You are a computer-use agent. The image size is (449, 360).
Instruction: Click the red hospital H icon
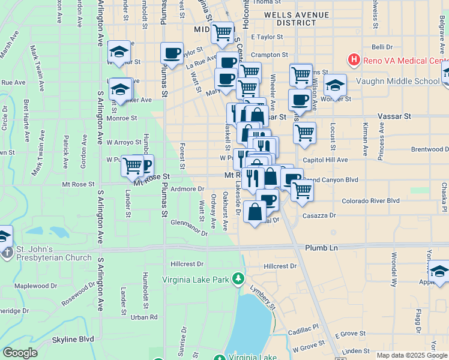pos(354,60)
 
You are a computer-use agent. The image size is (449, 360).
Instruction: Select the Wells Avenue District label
pos(296,18)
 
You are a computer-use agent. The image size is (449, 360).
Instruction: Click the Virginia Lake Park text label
pos(196,280)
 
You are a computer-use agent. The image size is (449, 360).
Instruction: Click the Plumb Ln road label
pos(321,247)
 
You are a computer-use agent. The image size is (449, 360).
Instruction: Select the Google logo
pos(20,353)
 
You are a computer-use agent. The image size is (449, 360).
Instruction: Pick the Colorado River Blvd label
pos(370,201)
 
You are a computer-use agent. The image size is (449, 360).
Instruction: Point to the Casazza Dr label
pos(318,215)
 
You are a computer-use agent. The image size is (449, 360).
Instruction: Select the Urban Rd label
pos(144,317)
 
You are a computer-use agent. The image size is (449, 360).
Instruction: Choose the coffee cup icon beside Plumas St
pos(172,54)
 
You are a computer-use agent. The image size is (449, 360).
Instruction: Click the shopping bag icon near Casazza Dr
pos(255,212)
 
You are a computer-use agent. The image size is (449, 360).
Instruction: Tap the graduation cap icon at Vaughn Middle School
pos(336,85)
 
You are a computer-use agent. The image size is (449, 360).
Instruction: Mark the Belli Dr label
pos(382,46)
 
